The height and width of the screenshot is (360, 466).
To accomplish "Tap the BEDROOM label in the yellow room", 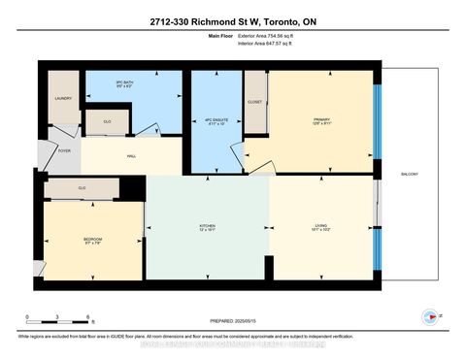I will click(x=92, y=241).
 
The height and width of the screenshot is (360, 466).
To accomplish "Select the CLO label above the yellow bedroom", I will click(x=83, y=187).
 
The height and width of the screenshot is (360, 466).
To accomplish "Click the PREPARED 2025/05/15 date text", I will click(x=233, y=319).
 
